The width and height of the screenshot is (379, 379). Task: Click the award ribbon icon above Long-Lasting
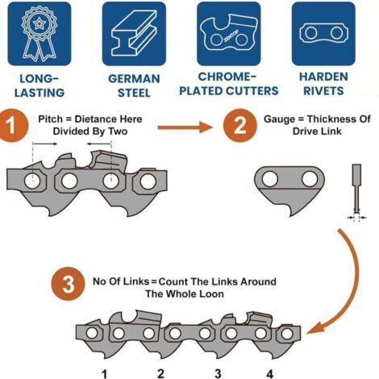[40, 34]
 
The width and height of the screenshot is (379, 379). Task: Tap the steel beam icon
[134, 34]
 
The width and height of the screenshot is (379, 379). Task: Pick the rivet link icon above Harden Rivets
[323, 33]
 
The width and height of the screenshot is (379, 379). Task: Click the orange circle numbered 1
[12, 125]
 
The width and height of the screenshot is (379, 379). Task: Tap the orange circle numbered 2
[240, 125]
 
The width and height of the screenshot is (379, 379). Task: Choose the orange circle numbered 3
[69, 284]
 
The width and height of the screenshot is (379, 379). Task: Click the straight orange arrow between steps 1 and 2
[185, 127]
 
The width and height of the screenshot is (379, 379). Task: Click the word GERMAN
[134, 79]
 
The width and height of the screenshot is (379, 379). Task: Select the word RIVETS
[323, 91]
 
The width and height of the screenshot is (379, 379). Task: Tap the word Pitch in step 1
[50, 119]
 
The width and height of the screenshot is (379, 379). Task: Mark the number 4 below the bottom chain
[269, 374]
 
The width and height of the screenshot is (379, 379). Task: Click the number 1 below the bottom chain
[105, 374]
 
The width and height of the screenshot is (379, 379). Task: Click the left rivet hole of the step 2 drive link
[270, 179]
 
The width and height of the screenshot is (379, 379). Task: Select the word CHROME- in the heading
[227, 77]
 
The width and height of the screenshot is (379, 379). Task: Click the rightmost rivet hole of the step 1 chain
[148, 181]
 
